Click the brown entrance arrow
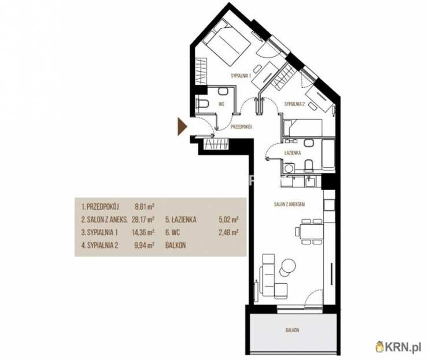(x=182, y=127)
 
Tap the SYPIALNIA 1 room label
(x=241, y=76)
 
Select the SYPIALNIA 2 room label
(x=294, y=104)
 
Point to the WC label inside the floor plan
(x=222, y=104)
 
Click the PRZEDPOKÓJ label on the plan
(x=241, y=127)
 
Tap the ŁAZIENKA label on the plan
(x=292, y=153)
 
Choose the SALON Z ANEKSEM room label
(x=290, y=204)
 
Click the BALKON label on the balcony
(x=292, y=331)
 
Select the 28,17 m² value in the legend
(x=143, y=220)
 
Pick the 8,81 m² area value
(x=145, y=207)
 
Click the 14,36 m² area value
(x=143, y=233)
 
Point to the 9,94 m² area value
(x=145, y=246)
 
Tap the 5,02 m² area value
(x=228, y=220)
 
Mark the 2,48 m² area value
(x=228, y=233)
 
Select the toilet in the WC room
(x=202, y=104)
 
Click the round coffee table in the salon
(x=288, y=264)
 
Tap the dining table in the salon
(x=309, y=231)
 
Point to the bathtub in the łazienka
(x=328, y=154)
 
